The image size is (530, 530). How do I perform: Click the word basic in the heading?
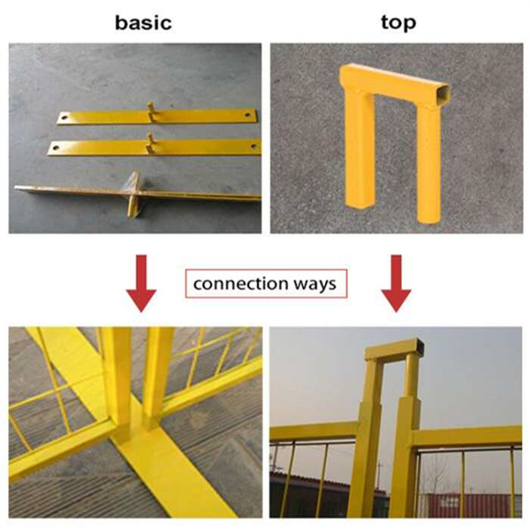[x=143, y=23]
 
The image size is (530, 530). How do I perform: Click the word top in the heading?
[x=399, y=23]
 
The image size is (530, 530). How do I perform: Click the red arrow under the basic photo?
[x=141, y=284]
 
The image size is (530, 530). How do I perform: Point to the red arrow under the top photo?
[x=396, y=284]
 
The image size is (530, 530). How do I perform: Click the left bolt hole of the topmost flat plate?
[x=64, y=118]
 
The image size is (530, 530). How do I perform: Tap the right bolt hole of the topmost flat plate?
[x=248, y=115]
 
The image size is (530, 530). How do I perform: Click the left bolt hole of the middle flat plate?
[x=56, y=148]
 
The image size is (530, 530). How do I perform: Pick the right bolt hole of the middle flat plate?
[x=254, y=146]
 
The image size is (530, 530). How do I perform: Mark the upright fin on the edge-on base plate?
[x=133, y=193]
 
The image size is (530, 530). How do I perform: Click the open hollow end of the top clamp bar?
[x=442, y=93]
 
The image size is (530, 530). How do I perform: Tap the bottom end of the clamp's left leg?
[x=360, y=203]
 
